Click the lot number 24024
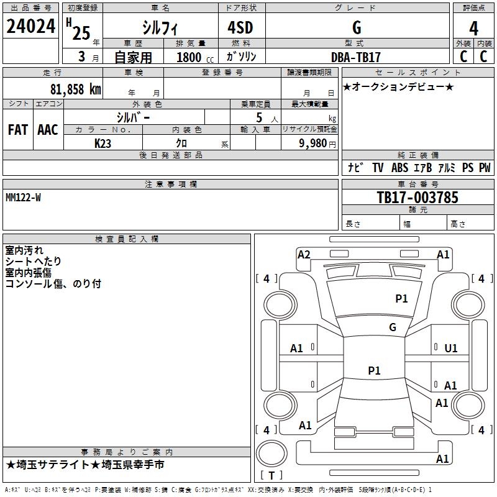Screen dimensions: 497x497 point(30,27)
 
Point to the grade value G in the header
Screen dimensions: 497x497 point(356,27)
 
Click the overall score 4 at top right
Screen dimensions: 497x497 point(474,28)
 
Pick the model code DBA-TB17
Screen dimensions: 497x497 point(356,57)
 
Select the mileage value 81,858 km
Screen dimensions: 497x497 point(75,89)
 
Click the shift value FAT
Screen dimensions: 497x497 point(17,130)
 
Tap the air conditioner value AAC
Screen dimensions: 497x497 point(48,130)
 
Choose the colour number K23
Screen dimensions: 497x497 point(103,144)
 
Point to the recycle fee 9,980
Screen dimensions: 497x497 point(317,144)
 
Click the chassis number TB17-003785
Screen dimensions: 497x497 point(417,198)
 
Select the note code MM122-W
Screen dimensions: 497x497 point(23,197)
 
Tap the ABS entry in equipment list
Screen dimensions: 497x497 point(400,168)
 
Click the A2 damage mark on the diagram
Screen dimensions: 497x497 point(304,254)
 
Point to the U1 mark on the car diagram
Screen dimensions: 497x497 point(451,349)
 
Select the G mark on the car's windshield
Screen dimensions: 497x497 point(393,327)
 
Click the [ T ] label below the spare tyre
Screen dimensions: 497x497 point(271,476)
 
